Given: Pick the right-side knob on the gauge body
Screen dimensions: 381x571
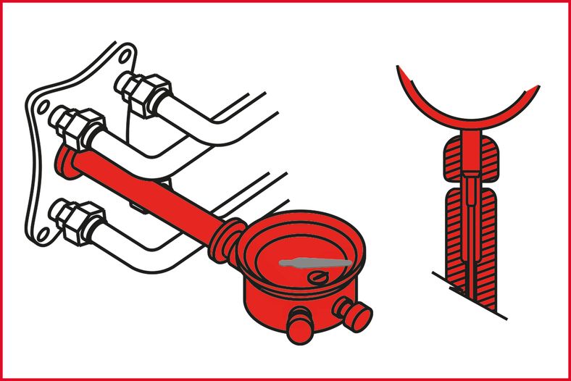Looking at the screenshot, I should coord(354,313).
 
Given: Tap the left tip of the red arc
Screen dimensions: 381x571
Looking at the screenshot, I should coord(401,70).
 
